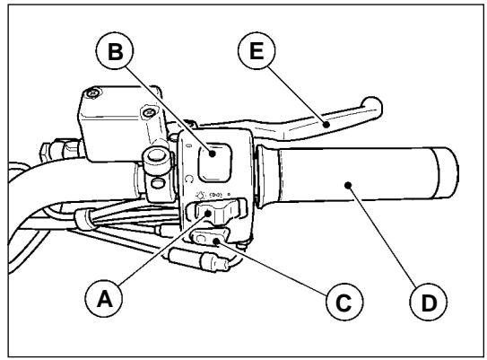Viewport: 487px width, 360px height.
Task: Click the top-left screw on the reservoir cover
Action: [92, 94]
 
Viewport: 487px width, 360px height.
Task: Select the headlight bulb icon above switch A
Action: [198, 195]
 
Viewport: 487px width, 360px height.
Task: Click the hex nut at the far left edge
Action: [63, 145]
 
